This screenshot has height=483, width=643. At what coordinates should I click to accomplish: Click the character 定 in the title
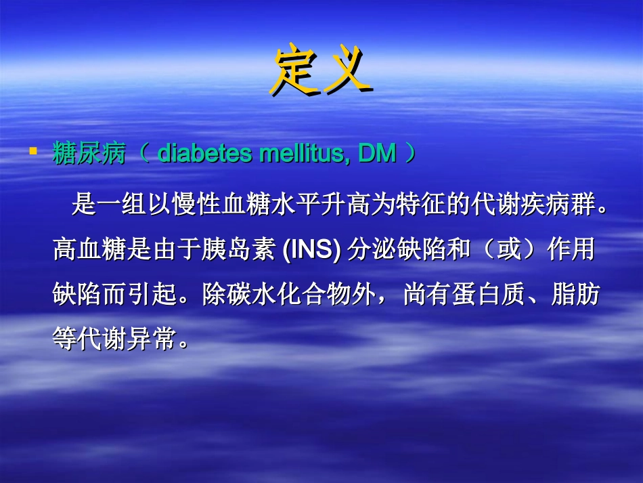[294, 70]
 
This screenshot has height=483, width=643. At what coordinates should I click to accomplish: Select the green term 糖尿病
[89, 154]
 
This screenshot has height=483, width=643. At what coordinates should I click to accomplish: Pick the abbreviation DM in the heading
[376, 154]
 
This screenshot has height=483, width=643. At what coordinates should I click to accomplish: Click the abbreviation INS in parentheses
[311, 250]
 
